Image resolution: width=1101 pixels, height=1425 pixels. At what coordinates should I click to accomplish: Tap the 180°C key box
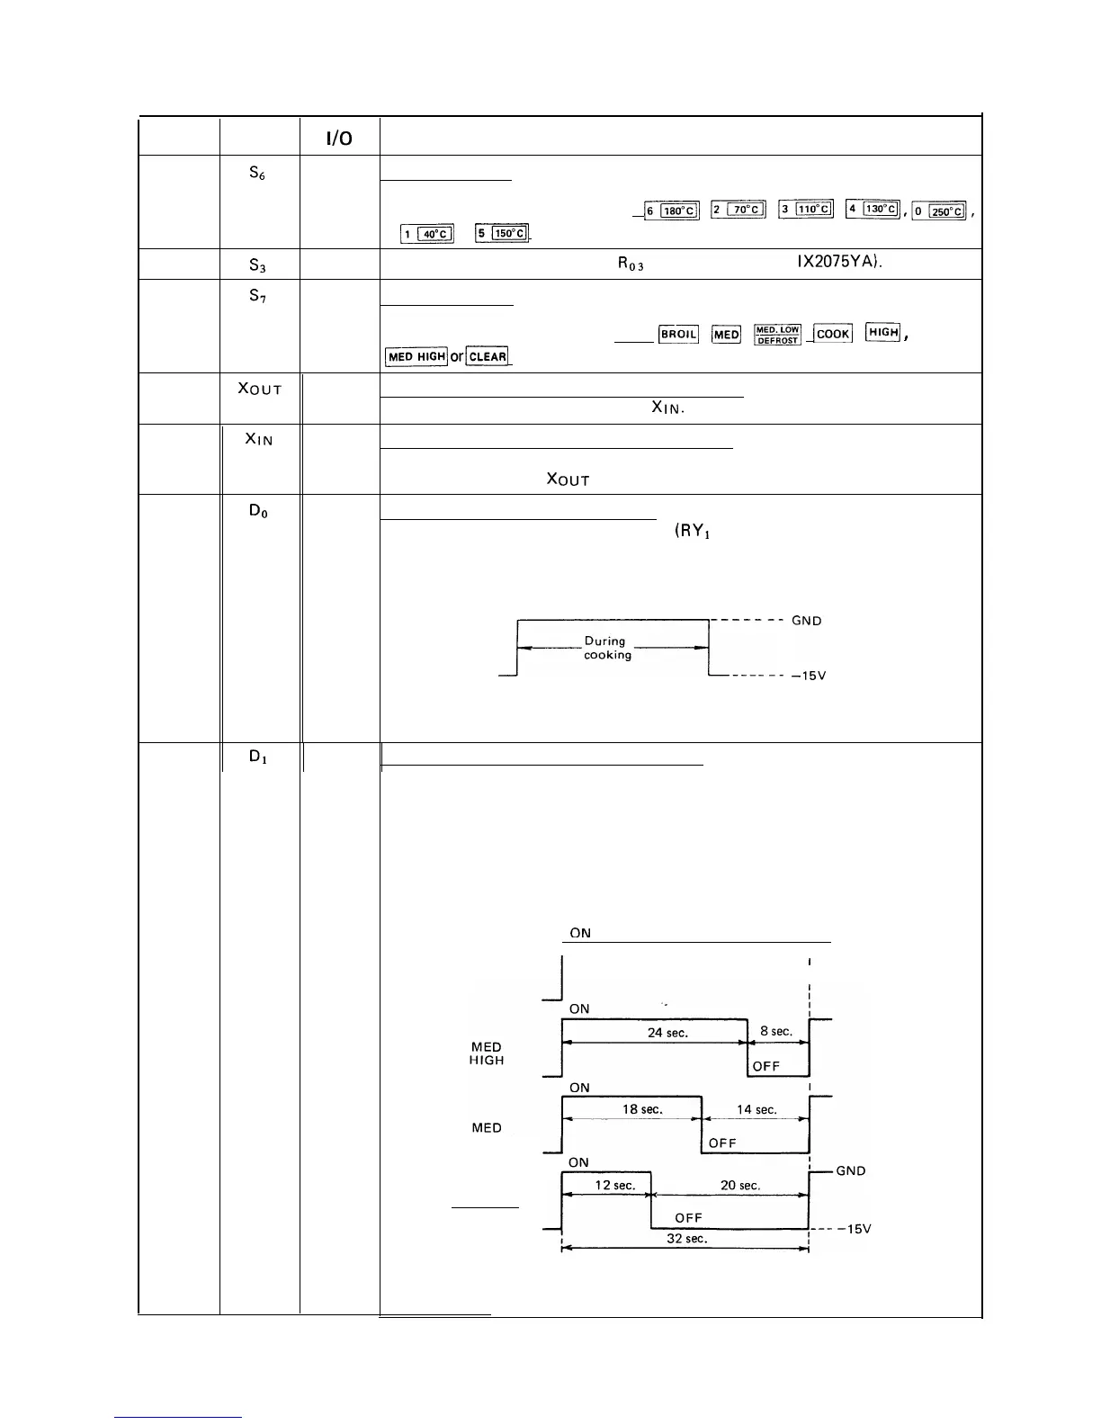[x=672, y=211]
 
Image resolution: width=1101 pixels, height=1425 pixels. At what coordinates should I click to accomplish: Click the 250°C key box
[x=939, y=211]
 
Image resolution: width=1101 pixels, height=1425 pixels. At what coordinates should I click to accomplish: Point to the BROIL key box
[x=678, y=334]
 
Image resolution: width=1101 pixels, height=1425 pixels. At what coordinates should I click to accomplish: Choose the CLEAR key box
[x=488, y=356]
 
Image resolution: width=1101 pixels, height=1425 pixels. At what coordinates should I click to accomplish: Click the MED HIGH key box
[x=416, y=356]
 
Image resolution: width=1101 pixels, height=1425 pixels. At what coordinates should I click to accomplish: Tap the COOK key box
[x=833, y=334]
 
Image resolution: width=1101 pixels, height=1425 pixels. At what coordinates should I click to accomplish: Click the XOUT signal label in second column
[x=260, y=389]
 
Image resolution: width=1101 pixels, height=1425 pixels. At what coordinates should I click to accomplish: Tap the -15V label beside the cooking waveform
[x=808, y=677]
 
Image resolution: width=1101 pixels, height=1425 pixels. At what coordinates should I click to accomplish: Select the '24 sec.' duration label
[x=667, y=1033]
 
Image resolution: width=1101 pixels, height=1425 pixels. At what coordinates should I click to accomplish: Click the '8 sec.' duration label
[x=776, y=1031]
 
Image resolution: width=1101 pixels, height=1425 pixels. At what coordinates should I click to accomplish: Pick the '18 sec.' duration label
[x=642, y=1109]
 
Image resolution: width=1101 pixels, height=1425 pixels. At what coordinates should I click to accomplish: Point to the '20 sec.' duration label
[x=740, y=1185]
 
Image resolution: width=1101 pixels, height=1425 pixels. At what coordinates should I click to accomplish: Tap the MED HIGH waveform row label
[x=487, y=1053]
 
